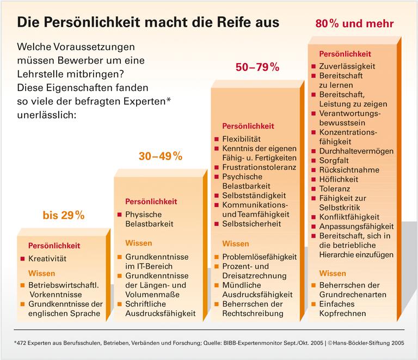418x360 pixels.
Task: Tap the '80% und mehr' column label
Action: click(354, 25)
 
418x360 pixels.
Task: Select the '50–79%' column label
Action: click(257, 68)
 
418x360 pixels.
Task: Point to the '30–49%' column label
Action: click(160, 156)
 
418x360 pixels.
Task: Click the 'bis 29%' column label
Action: click(64, 215)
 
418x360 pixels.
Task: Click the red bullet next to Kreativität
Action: click(22, 259)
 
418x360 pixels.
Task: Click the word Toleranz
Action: click(334, 188)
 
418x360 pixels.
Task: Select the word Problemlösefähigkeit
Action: click(260, 256)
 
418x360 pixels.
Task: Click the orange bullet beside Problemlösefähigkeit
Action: click(217, 257)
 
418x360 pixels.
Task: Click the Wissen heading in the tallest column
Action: click(333, 273)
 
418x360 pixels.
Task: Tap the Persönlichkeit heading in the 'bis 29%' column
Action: click(54, 246)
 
